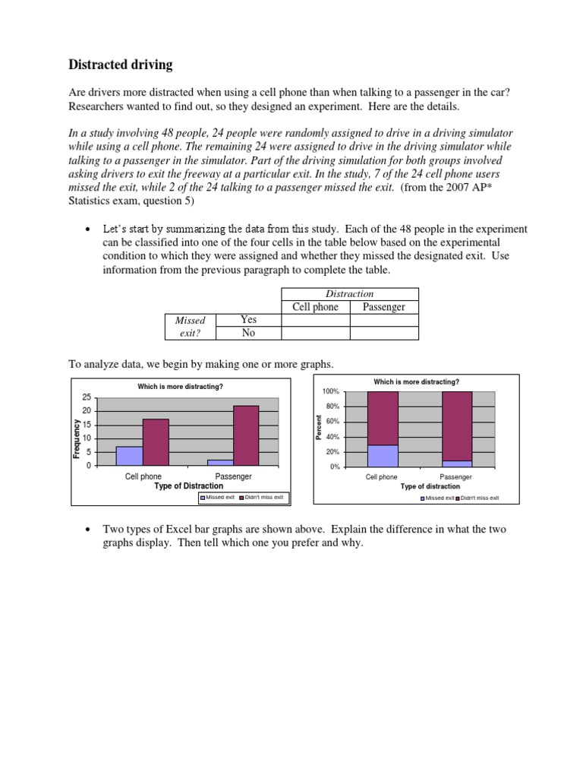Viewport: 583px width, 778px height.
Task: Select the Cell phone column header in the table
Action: [x=315, y=307]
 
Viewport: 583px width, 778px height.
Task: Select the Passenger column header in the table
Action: [x=383, y=307]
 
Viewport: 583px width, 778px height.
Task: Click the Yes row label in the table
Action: [x=248, y=320]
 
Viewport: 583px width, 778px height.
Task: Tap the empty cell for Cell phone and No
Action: [x=315, y=333]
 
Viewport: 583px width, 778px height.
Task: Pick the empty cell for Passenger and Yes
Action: [x=383, y=320]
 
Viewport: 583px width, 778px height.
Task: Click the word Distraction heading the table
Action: [x=349, y=293]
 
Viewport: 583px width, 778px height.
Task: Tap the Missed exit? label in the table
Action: [x=190, y=327]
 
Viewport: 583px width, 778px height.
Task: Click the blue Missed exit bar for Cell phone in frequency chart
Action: [x=129, y=456]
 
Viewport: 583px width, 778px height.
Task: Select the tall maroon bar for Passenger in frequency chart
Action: [x=246, y=435]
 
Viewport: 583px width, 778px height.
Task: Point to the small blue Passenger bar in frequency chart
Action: [x=220, y=462]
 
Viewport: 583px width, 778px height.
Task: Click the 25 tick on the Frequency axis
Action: [x=87, y=397]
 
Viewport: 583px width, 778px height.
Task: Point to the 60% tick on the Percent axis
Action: [x=332, y=422]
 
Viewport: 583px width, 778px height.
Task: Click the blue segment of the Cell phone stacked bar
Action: [x=383, y=456]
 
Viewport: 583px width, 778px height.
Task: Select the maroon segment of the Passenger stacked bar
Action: [x=456, y=425]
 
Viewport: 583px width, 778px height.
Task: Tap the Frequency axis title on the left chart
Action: [x=77, y=438]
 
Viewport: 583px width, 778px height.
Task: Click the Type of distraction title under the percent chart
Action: [x=430, y=486]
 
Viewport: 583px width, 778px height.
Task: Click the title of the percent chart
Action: [x=416, y=381]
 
